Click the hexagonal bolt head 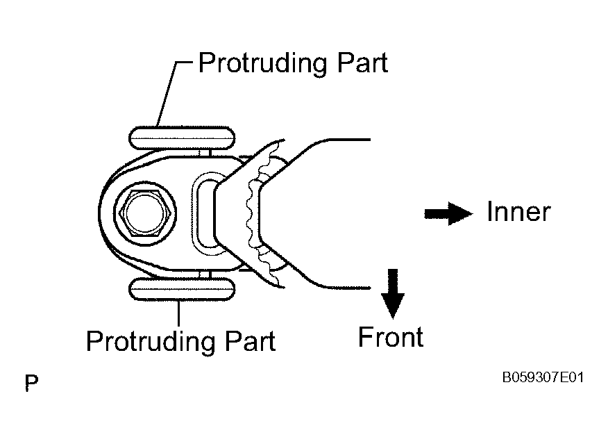point(145,213)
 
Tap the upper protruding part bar point(182,138)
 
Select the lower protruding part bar point(182,289)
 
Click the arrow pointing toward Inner point(448,213)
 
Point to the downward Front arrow point(393,293)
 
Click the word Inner point(518,212)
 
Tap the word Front point(391,337)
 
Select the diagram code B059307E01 point(543,377)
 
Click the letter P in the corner point(31,383)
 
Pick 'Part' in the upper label point(362,63)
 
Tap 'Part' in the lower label point(250,340)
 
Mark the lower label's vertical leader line point(178,313)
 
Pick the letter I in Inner point(489,212)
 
